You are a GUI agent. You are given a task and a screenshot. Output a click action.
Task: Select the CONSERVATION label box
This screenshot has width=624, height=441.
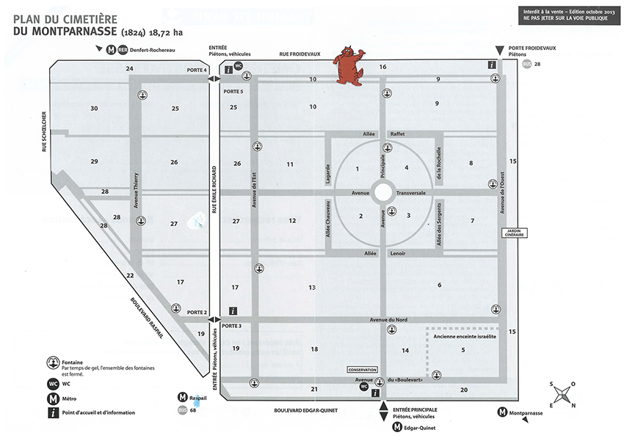pyautogui.click(x=362, y=370)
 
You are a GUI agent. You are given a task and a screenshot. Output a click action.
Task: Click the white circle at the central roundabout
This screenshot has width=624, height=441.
pyautogui.click(x=382, y=193)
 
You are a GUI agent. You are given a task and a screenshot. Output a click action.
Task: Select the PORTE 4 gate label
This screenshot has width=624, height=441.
pyautogui.click(x=197, y=70)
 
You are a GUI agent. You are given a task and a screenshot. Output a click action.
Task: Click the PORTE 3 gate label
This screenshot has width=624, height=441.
pyautogui.click(x=231, y=326)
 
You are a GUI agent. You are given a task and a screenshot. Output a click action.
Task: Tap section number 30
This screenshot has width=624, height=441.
pyautogui.click(x=94, y=109)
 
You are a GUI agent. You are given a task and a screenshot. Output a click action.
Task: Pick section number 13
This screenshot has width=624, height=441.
pyautogui.click(x=312, y=287)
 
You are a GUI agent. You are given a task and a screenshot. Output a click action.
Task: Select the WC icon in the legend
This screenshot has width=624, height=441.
pyautogui.click(x=53, y=383)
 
